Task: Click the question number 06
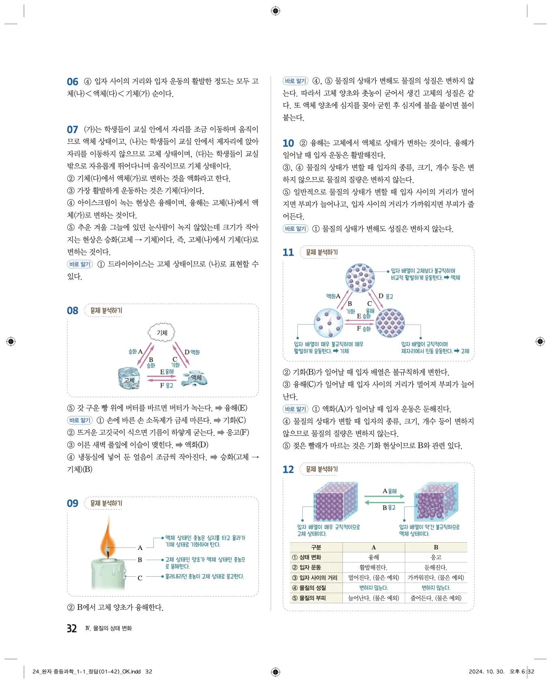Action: click(72, 82)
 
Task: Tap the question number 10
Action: click(288, 143)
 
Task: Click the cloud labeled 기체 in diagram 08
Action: click(161, 332)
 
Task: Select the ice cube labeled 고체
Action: click(129, 378)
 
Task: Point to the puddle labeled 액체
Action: click(196, 378)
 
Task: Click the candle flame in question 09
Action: click(108, 536)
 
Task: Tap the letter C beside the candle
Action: click(140, 578)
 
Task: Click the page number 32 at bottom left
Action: click(72, 628)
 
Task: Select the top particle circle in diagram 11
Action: click(359, 278)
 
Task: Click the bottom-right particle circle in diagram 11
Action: click(390, 323)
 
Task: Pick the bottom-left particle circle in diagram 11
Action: click(329, 323)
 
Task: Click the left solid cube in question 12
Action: click(335, 502)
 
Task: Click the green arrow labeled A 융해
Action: click(384, 496)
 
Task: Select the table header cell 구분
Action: click(316, 547)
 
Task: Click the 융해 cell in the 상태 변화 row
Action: click(373, 557)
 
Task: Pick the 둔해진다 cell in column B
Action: click(435, 567)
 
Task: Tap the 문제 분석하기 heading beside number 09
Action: click(106, 503)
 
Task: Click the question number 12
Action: click(288, 470)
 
